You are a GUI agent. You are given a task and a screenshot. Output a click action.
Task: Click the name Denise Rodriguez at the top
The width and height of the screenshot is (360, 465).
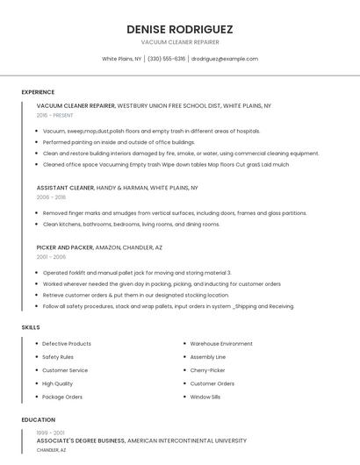pyautogui.click(x=179, y=29)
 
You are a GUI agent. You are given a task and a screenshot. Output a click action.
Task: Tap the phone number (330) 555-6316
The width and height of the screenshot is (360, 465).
pyautogui.click(x=167, y=59)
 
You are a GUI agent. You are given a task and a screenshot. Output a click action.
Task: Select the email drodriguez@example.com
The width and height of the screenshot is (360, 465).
pyautogui.click(x=225, y=59)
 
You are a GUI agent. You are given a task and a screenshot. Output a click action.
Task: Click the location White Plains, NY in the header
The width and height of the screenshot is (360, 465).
pyautogui.click(x=121, y=59)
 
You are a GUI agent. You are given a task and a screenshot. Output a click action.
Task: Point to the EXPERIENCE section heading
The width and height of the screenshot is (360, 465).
pyautogui.click(x=38, y=92)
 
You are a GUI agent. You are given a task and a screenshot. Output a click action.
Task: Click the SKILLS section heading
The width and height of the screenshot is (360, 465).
pyautogui.click(x=30, y=327)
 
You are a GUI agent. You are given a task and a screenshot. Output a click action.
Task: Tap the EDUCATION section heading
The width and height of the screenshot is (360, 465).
pyautogui.click(x=38, y=419)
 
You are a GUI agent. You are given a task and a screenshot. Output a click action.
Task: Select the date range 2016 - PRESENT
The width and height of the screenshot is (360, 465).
pyautogui.click(x=55, y=115)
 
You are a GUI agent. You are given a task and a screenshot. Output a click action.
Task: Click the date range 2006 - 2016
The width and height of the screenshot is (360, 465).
pyautogui.click(x=51, y=197)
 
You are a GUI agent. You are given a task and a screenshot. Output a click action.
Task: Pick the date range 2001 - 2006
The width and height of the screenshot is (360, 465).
pyautogui.click(x=51, y=257)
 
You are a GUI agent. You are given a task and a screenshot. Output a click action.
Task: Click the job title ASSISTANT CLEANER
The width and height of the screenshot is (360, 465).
pyautogui.click(x=65, y=188)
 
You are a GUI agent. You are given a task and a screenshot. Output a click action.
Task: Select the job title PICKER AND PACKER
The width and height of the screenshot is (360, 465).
pyautogui.click(x=64, y=247)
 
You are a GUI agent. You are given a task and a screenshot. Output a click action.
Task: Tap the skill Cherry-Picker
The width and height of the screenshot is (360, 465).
pyautogui.click(x=208, y=370)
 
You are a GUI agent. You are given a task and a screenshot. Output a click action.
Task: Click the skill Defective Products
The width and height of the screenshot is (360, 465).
pyautogui.click(x=67, y=344)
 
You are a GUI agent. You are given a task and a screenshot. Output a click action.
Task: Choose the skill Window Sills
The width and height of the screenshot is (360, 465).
pyautogui.click(x=205, y=397)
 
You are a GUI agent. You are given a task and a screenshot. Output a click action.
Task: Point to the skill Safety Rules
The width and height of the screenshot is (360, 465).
pyautogui.click(x=58, y=357)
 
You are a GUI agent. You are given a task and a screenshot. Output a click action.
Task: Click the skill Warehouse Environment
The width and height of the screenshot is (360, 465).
pyautogui.click(x=221, y=344)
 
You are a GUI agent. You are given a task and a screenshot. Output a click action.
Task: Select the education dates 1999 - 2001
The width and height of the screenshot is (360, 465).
pyautogui.click(x=51, y=433)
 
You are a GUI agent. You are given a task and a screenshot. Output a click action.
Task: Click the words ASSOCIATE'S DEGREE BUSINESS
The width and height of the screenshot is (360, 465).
pyautogui.click(x=81, y=440)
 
